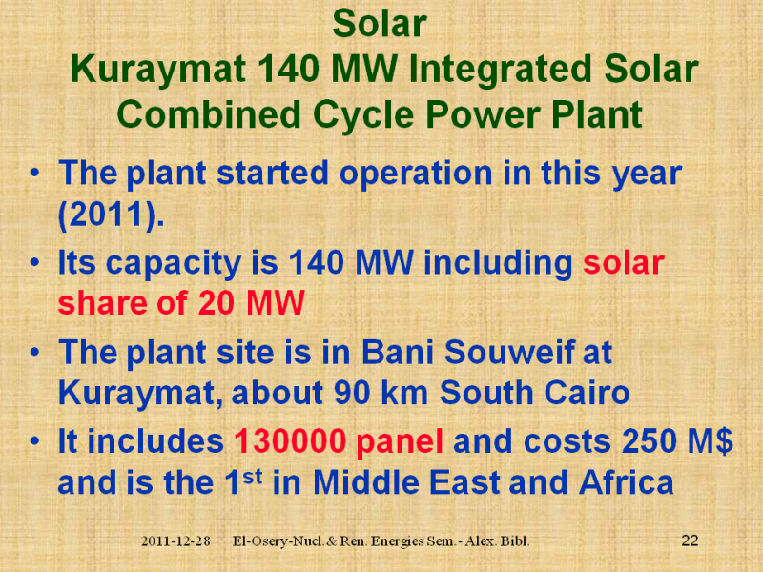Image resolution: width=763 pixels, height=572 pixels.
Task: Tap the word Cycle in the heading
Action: click(x=363, y=114)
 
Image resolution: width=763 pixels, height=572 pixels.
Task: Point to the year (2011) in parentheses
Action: click(x=111, y=214)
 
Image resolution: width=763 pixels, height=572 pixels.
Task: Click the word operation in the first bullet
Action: click(x=416, y=174)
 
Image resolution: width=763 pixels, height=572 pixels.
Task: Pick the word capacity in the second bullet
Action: click(x=174, y=264)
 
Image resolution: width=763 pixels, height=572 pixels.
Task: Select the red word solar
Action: click(x=624, y=263)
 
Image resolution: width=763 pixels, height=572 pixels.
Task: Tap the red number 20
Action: click(x=217, y=303)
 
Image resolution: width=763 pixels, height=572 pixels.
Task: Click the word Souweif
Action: click(x=509, y=352)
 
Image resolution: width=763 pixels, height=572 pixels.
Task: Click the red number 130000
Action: click(x=290, y=441)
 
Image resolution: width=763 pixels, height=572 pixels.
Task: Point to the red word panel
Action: click(x=400, y=442)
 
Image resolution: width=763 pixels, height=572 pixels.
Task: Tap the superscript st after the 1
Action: click(x=253, y=477)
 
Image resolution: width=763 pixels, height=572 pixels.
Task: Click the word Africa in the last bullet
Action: click(x=627, y=482)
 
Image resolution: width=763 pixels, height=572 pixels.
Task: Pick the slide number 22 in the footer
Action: click(x=690, y=541)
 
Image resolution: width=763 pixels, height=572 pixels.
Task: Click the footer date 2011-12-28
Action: click(x=175, y=541)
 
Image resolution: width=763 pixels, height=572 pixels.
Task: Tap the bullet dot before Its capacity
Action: click(x=34, y=263)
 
